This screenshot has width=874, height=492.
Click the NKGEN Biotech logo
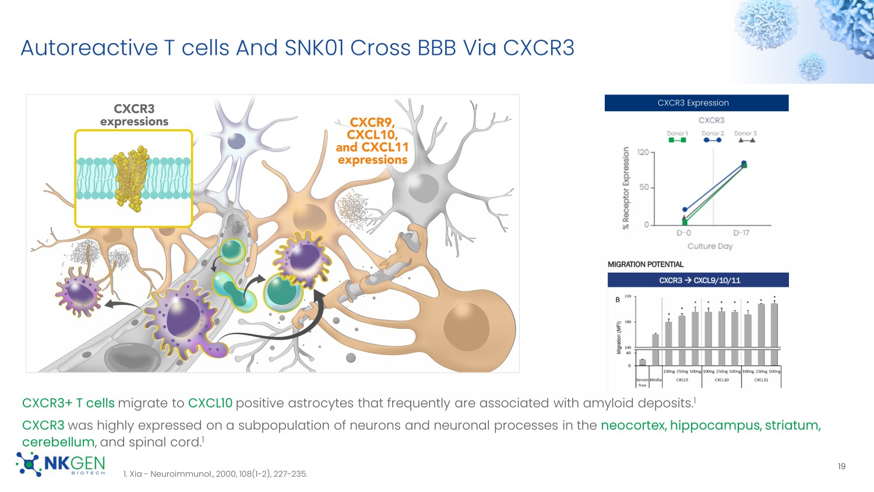coord(61,465)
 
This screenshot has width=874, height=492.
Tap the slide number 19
coord(841,466)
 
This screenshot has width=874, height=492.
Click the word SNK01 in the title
coord(315,48)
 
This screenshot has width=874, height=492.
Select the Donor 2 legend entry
coord(712,136)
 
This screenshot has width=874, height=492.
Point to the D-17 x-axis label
coord(741,233)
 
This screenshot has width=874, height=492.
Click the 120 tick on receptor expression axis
coord(643,153)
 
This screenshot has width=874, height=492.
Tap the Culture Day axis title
coord(710,246)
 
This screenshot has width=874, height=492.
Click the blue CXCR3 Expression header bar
coord(696,103)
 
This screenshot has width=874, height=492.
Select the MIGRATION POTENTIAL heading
coord(645,265)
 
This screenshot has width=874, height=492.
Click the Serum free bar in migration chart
coord(642,362)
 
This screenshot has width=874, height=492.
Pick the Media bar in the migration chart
coord(655,349)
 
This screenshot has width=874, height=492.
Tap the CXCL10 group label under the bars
coord(721,380)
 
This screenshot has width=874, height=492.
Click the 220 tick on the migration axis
coord(628,297)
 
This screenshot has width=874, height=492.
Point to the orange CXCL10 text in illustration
coord(372,135)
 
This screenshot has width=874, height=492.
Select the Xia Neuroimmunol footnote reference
coord(215,474)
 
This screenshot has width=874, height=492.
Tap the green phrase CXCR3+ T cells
coord(68,403)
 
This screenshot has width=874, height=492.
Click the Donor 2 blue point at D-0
coord(685,210)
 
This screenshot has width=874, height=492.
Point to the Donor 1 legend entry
coord(677,136)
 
